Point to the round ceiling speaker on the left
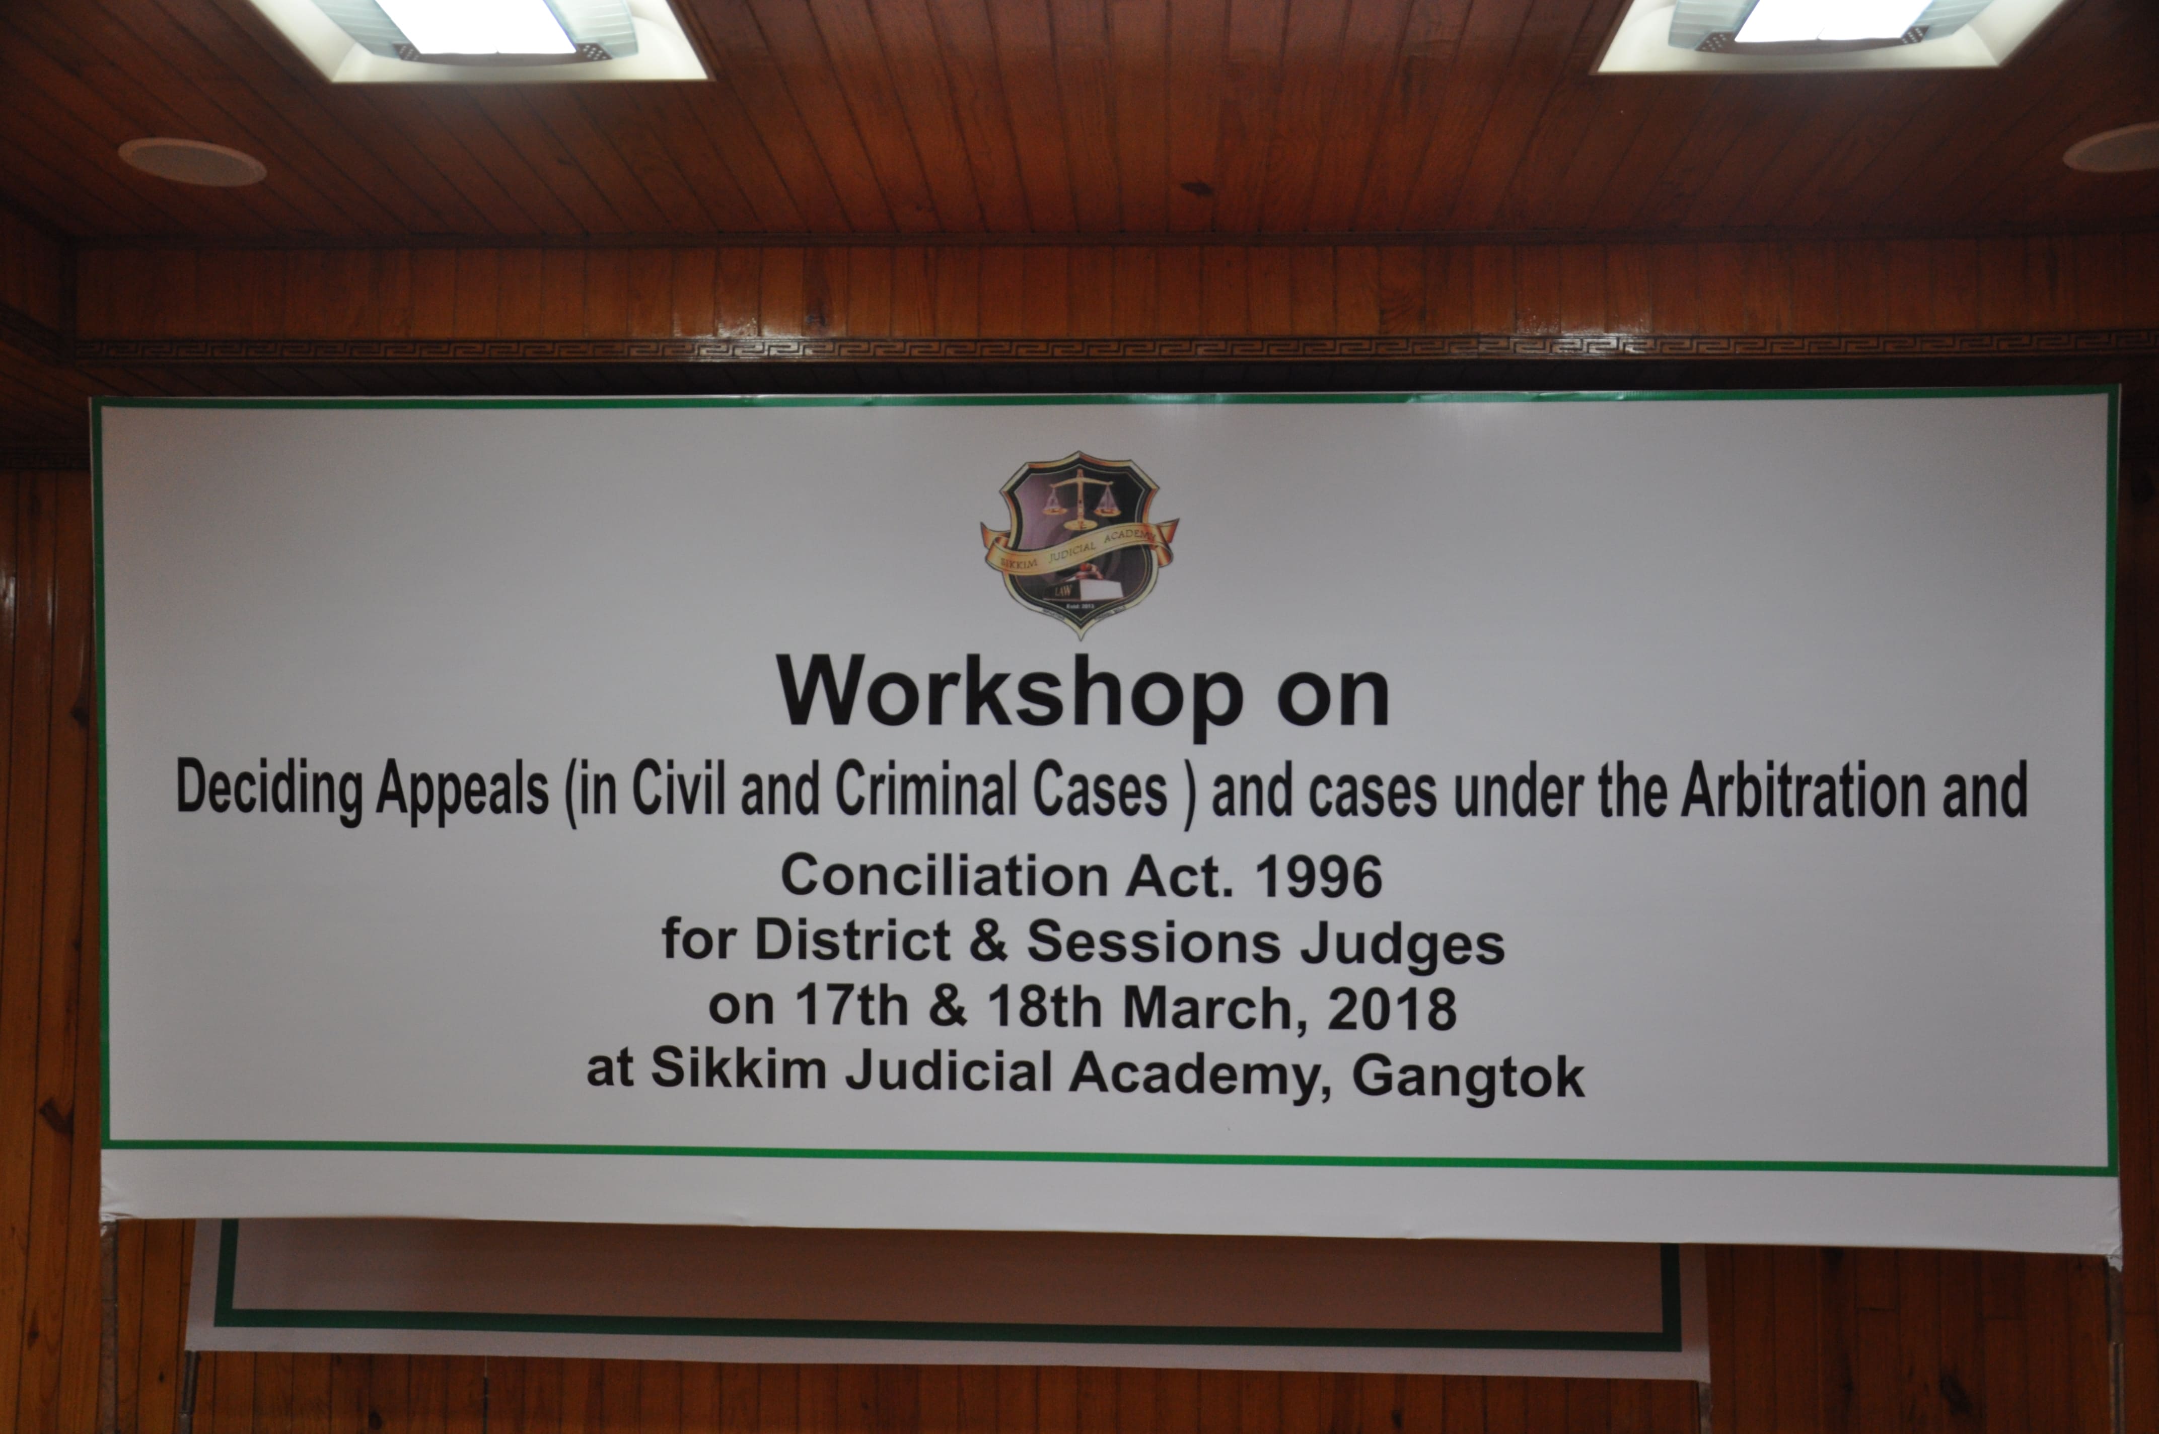point(192,162)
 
